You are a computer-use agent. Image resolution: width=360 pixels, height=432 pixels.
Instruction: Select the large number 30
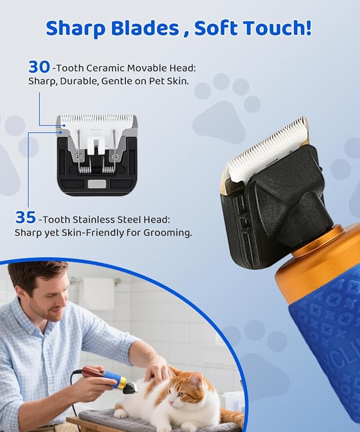[39, 67]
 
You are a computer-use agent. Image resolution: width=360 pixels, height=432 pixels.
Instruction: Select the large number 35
[25, 217]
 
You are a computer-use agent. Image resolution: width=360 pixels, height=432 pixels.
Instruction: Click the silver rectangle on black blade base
[96, 184]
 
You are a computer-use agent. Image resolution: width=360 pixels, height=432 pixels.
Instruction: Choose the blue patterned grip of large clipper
[329, 329]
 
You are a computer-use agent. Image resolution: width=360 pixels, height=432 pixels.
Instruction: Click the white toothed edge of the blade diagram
[96, 119]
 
